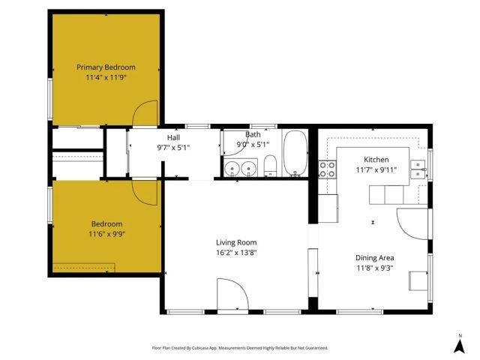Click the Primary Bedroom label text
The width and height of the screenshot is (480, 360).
pyautogui.click(x=106, y=67)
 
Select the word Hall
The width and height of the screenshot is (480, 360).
pyautogui.click(x=173, y=138)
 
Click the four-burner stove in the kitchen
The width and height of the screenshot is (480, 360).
pyautogui.click(x=328, y=169)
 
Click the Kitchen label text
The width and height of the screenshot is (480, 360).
pyautogui.click(x=376, y=160)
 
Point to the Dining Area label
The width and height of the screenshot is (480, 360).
pyautogui.click(x=374, y=258)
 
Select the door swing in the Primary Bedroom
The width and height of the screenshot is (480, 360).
pyautogui.click(x=144, y=113)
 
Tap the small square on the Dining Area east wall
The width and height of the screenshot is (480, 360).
pyautogui.click(x=416, y=280)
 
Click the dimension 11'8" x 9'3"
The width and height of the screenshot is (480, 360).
pyautogui.click(x=374, y=268)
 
